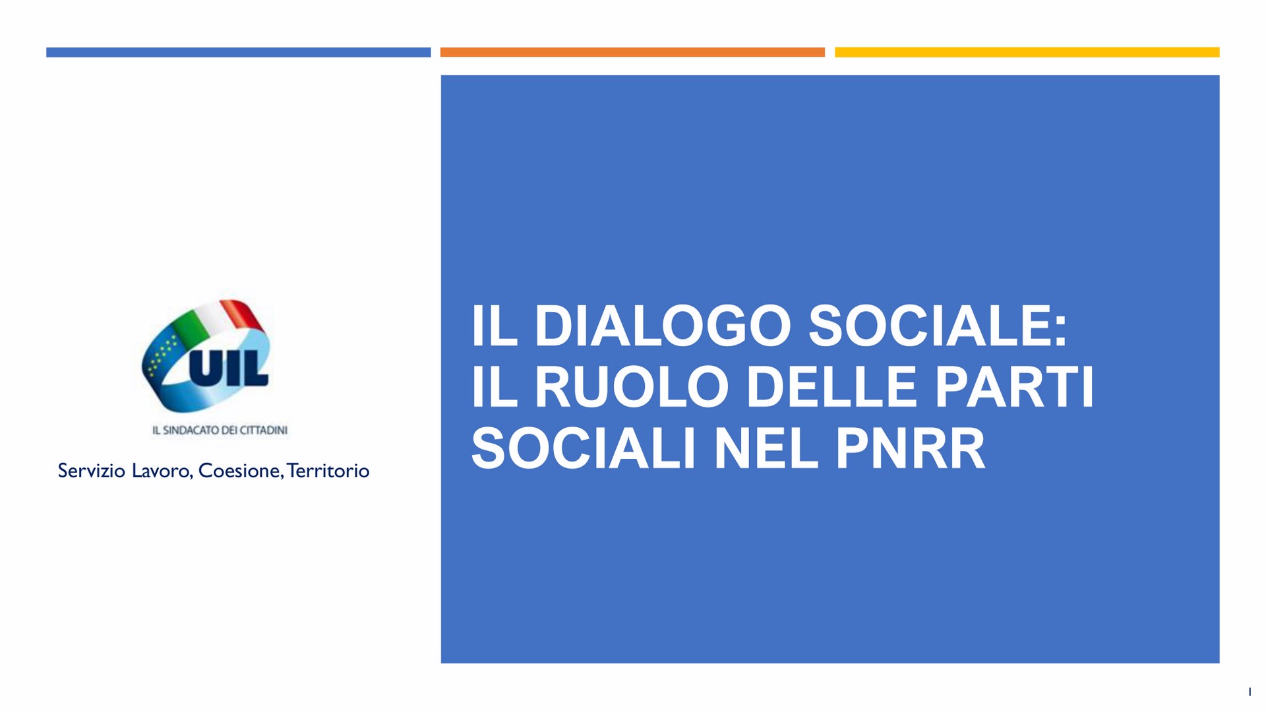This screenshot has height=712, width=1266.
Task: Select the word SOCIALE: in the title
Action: [x=937, y=326]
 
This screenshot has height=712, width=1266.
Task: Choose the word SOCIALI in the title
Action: [x=584, y=448]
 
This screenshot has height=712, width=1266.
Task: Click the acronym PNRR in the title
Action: [x=911, y=448]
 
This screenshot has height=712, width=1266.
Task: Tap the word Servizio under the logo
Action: [x=91, y=471]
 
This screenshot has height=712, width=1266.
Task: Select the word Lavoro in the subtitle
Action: [x=162, y=471]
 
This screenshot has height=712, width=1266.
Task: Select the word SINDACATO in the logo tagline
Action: [x=191, y=430]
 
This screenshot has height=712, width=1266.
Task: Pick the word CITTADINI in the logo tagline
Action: [x=263, y=430]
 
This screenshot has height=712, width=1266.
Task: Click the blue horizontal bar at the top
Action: [x=239, y=52]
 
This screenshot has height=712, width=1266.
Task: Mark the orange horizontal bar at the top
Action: [x=632, y=52]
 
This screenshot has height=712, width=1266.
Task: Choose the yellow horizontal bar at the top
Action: [x=1027, y=52]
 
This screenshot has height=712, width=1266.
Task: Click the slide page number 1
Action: [x=1250, y=692]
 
